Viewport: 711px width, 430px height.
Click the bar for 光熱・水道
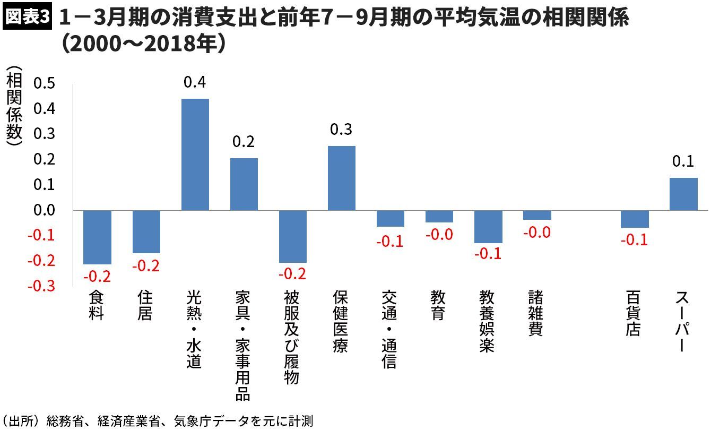click(195, 154)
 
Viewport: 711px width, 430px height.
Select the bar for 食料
click(98, 237)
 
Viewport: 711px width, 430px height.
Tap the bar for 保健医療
click(342, 178)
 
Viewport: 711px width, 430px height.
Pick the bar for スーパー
click(683, 194)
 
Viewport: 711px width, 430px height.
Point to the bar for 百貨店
click(635, 219)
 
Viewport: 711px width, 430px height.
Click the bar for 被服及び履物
click(293, 236)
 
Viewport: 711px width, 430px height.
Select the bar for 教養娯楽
click(488, 227)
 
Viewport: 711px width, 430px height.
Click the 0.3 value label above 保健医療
click(341, 130)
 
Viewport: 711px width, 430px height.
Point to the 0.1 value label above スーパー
click(683, 161)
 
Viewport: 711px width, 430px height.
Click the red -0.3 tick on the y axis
click(42, 287)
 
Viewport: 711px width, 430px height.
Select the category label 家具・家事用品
click(243, 345)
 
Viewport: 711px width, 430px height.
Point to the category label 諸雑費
click(536, 313)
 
